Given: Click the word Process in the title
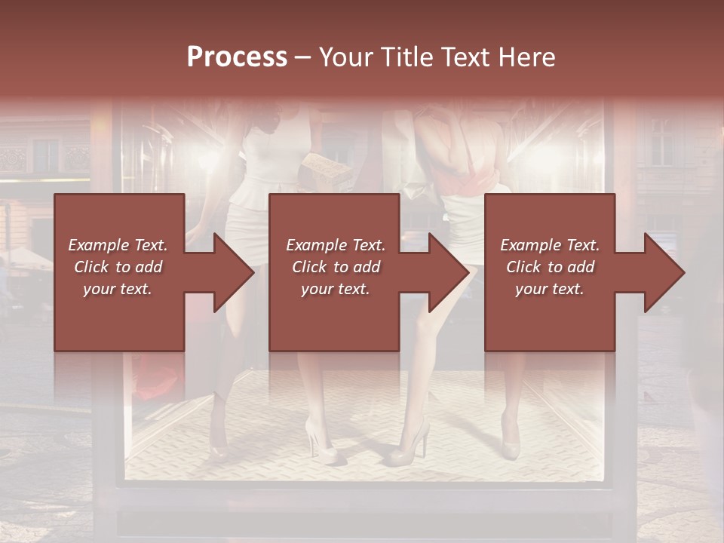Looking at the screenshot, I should pos(237,57).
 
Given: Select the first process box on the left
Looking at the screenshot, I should pos(119,226).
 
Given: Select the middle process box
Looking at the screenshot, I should pos(334,226).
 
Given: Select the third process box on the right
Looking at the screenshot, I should pos(549,226).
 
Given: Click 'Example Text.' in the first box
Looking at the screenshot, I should pos(118,245).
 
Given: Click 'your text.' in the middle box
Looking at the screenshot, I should pos(335,289).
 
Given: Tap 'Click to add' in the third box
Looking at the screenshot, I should pos(550,267).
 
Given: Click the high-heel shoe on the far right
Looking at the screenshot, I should pos(511,446).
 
